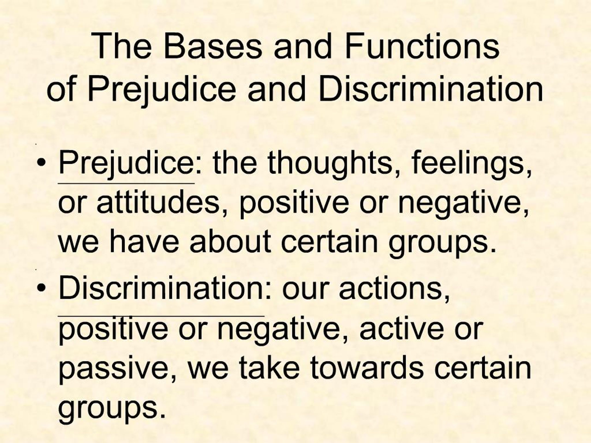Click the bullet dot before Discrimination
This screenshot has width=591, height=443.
[41, 288]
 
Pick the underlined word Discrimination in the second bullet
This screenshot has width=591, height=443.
[161, 289]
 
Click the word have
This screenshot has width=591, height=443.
[144, 242]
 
